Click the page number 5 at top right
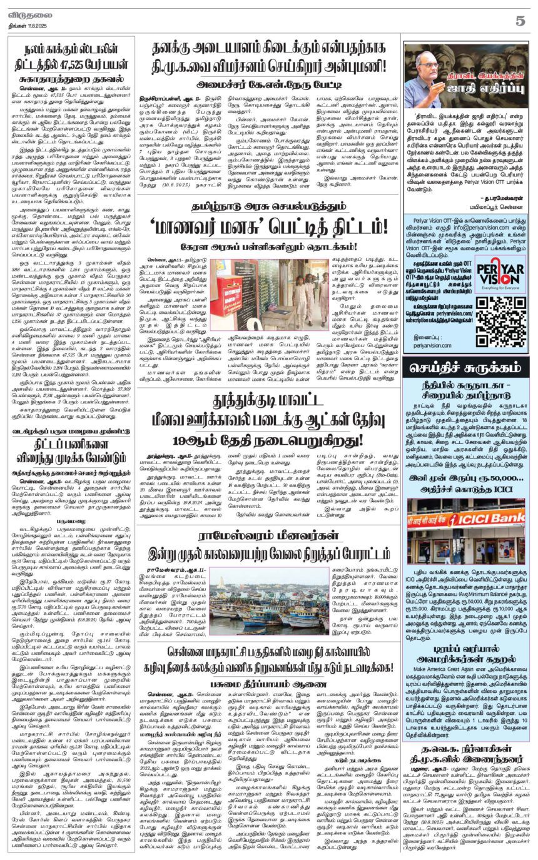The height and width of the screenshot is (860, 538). tap(519, 20)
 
